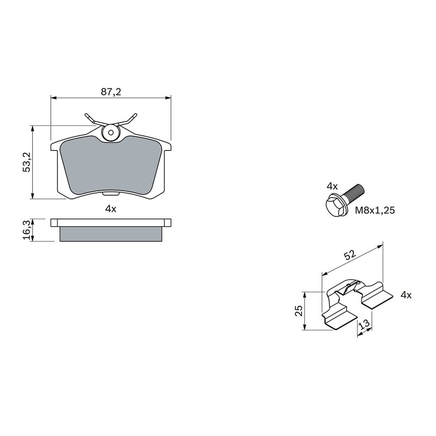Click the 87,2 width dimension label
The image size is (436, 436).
(x=111, y=92)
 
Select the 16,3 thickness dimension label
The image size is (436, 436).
(x=26, y=229)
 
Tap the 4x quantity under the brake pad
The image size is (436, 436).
(x=111, y=209)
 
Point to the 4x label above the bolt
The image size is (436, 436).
(x=332, y=186)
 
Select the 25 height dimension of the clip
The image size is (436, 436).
(x=298, y=311)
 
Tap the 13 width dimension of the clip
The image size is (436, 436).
(x=365, y=325)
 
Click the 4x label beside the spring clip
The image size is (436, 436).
(x=405, y=295)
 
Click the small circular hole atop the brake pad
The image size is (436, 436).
(x=111, y=131)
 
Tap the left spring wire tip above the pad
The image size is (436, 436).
(x=87, y=116)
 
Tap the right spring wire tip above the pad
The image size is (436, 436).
(x=134, y=116)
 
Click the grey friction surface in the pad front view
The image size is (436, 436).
(x=111, y=166)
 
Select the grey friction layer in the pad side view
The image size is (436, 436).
(x=111, y=234)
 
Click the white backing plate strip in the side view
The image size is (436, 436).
(x=111, y=222)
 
